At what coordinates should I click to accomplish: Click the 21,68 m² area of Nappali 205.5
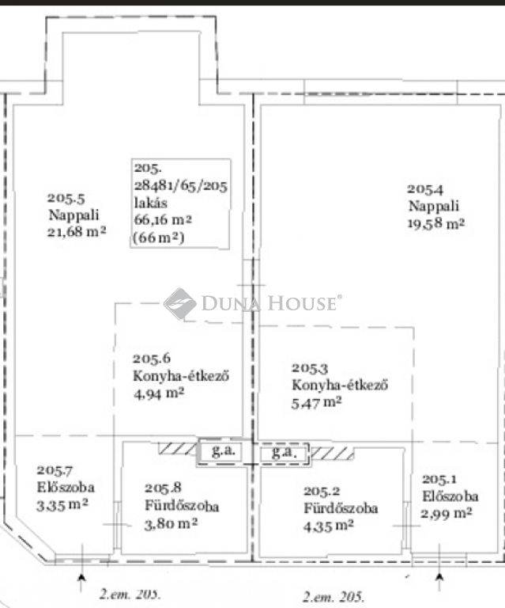pyautogui.click(x=77, y=232)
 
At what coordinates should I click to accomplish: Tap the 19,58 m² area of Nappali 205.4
pyautogui.click(x=436, y=224)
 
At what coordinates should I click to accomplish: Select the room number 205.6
pyautogui.click(x=151, y=359)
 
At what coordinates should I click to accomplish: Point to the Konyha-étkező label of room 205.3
pyautogui.click(x=340, y=385)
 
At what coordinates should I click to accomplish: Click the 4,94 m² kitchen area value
pyautogui.click(x=159, y=393)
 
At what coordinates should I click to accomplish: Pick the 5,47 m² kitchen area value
pyautogui.click(x=316, y=403)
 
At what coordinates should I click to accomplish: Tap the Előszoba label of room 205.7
pyautogui.click(x=66, y=488)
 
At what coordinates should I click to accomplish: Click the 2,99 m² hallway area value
pyautogui.click(x=447, y=514)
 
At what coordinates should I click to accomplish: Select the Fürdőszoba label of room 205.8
pyautogui.click(x=182, y=506)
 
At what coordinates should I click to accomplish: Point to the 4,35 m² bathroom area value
pyautogui.click(x=328, y=526)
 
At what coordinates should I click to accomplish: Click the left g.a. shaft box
pyautogui.click(x=220, y=452)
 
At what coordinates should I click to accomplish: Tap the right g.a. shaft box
pyautogui.click(x=285, y=453)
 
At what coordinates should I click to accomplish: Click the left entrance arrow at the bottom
pyautogui.click(x=81, y=583)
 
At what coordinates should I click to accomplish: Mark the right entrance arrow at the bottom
pyautogui.click(x=439, y=582)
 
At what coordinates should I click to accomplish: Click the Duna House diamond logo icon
pyautogui.click(x=179, y=304)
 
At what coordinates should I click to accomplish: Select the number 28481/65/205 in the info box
pyautogui.click(x=181, y=186)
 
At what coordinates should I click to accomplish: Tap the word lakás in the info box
pyautogui.click(x=151, y=203)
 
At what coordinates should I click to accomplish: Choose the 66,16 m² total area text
pyautogui.click(x=163, y=220)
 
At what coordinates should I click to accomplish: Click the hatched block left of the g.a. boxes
pyautogui.click(x=178, y=448)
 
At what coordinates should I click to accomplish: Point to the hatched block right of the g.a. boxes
pyautogui.click(x=332, y=454)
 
